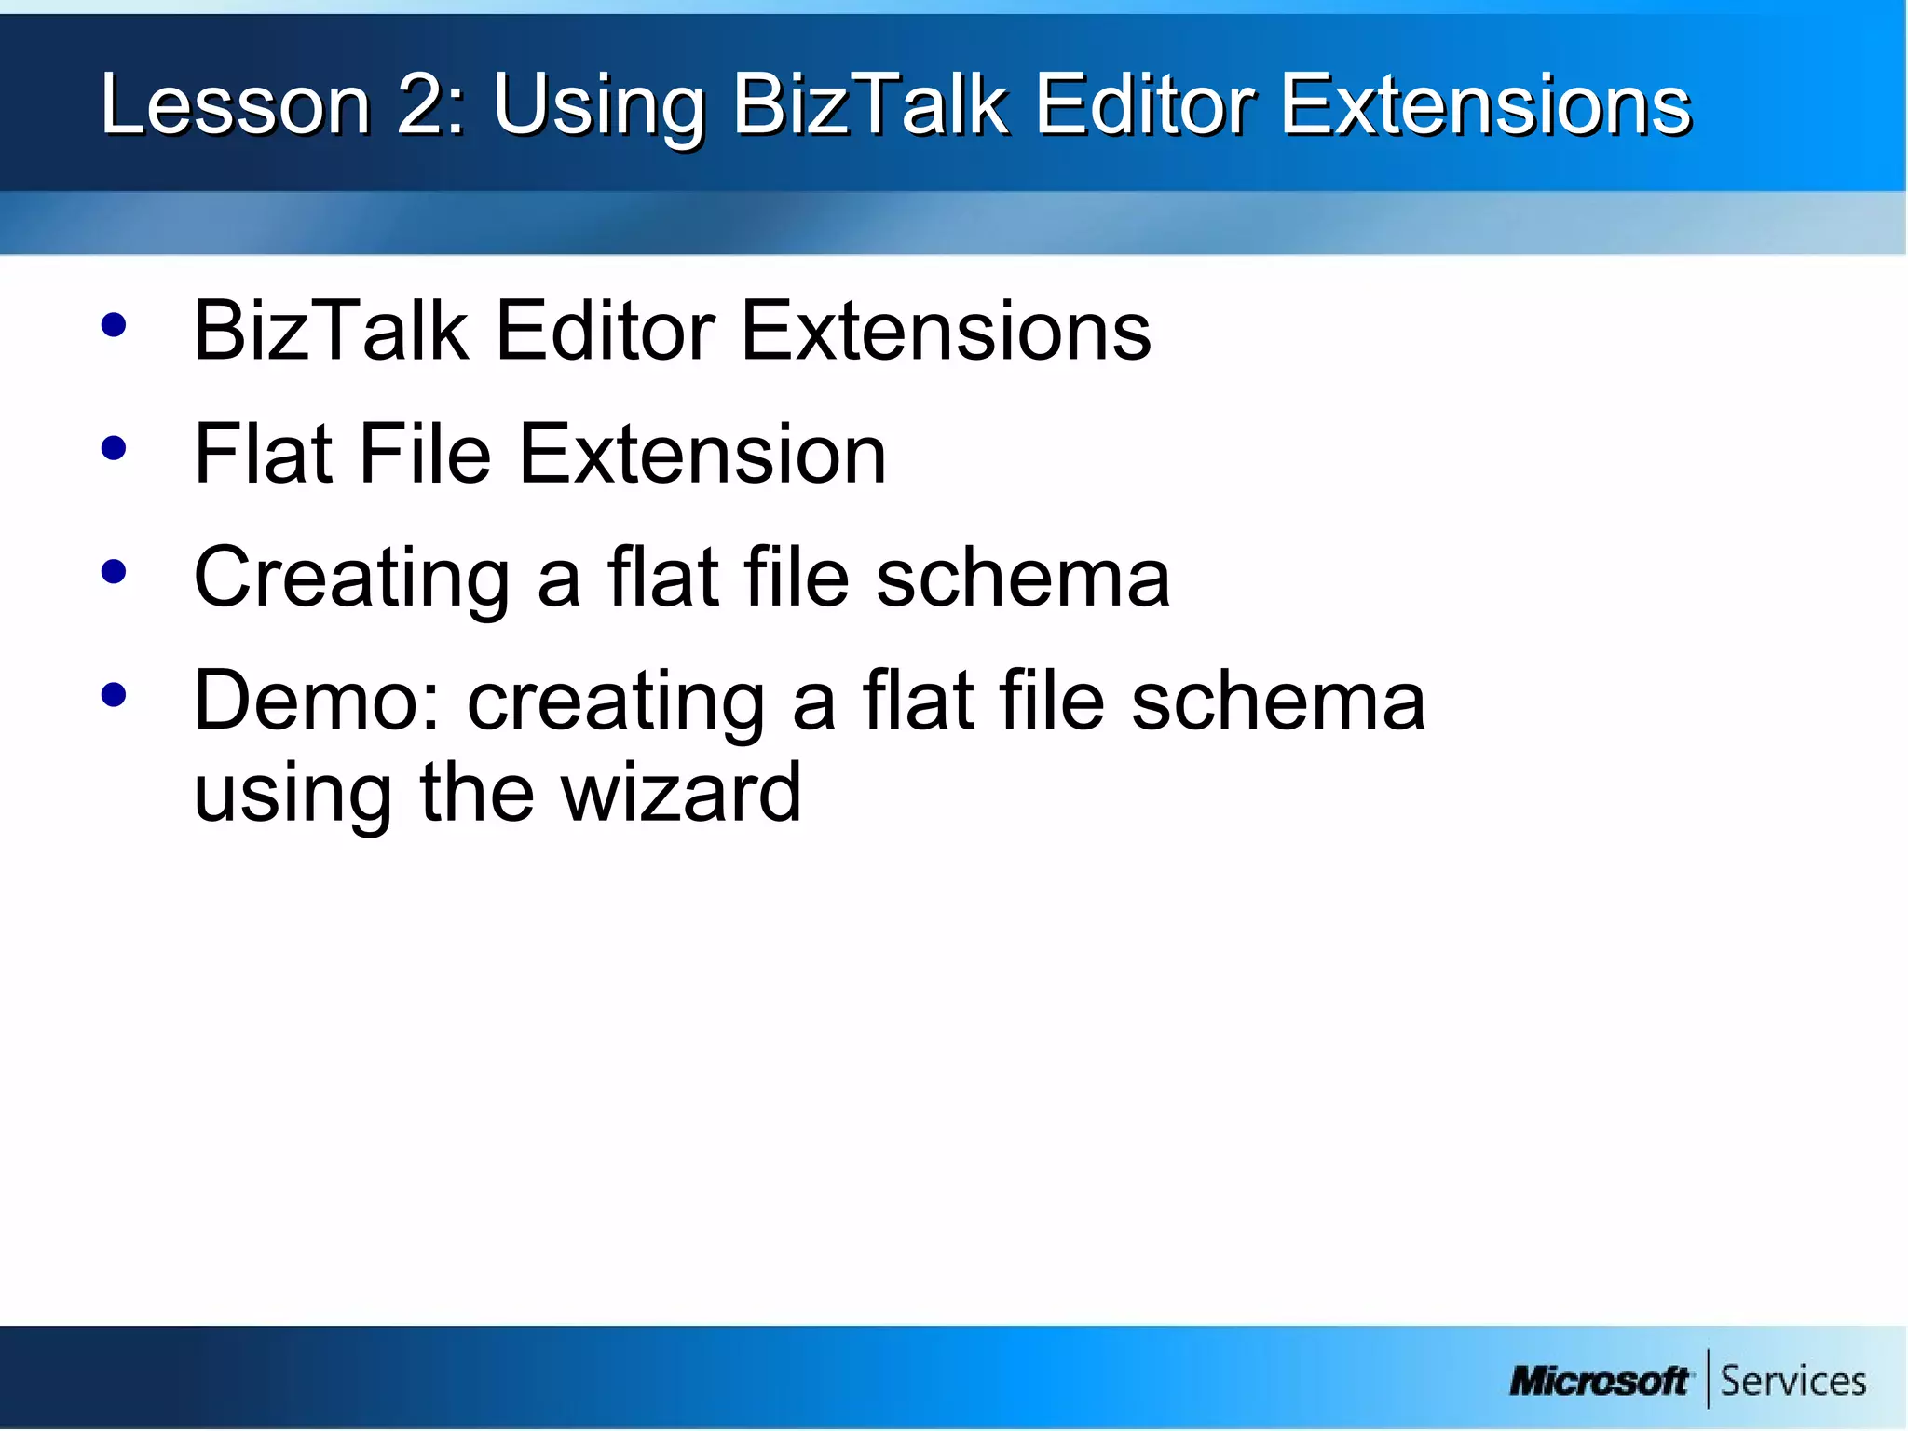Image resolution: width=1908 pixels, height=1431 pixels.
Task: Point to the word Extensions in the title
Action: [1485, 104]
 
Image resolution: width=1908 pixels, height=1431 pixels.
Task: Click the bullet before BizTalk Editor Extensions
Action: [114, 325]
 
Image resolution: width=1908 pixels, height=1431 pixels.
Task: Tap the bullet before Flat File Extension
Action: [114, 449]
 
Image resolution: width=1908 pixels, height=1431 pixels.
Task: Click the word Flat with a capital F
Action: [263, 454]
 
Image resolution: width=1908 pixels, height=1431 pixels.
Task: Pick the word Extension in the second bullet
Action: [702, 454]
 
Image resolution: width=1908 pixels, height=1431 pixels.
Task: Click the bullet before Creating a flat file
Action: [114, 572]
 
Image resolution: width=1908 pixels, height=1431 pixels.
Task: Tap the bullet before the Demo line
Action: [114, 695]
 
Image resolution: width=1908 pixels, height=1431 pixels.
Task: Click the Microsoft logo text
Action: [1599, 1381]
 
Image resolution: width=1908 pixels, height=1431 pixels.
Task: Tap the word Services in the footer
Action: [1792, 1381]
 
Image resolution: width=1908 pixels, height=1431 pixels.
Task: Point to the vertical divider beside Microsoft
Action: [1708, 1378]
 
